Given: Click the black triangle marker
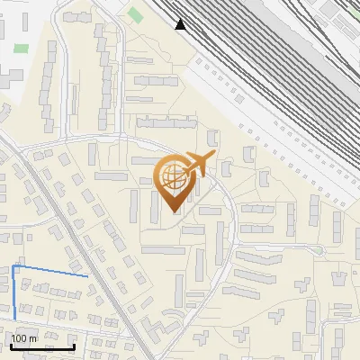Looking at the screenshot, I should pyautogui.click(x=181, y=23).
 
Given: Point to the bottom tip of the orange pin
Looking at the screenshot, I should pyautogui.click(x=175, y=212).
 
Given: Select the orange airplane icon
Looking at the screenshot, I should pyautogui.click(x=196, y=165).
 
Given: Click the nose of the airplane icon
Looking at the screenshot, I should pyautogui.click(x=213, y=157).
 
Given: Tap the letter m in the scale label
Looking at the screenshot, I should pyautogui.click(x=33, y=339).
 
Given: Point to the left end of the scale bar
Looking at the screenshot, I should pyautogui.click(x=10, y=346).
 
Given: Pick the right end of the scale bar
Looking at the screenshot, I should pyautogui.click(x=75, y=346).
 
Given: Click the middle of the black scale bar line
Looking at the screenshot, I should pyautogui.click(x=42, y=346).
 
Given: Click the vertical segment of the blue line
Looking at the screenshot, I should pyautogui.click(x=14, y=292).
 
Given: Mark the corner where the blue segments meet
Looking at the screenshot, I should pyautogui.click(x=13, y=267).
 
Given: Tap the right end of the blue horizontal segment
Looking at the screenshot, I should pyautogui.click(x=87, y=276).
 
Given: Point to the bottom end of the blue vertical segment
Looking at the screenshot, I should pyautogui.click(x=15, y=318).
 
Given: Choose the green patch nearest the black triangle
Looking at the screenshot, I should pyautogui.click(x=135, y=15).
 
